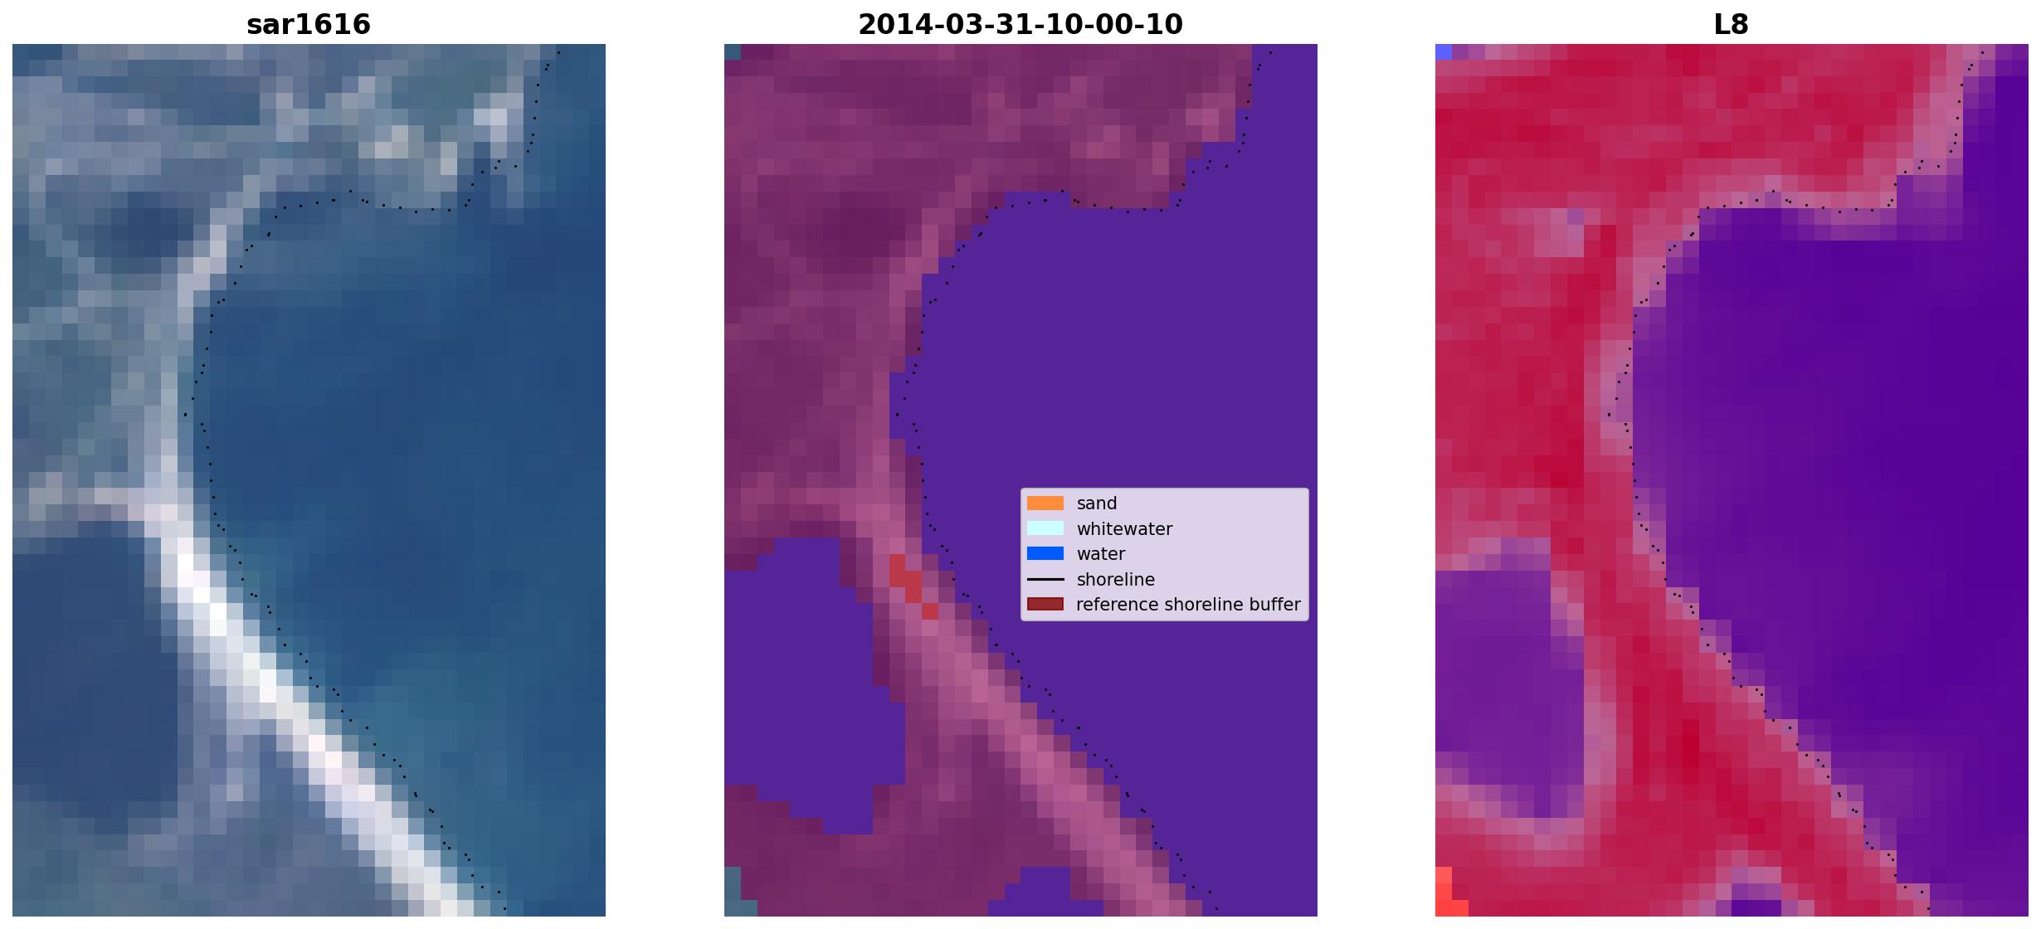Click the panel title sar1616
tap(309, 24)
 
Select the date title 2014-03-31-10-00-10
tap(1020, 24)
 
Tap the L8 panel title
tap(1732, 24)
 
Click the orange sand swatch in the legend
tap(1045, 503)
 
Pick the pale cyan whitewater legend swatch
tap(1045, 528)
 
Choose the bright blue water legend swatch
tap(1045, 553)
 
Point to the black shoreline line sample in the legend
tap(1045, 579)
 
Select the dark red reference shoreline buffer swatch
tap(1045, 604)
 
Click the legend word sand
tap(1097, 503)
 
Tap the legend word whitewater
tap(1124, 529)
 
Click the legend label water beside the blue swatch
tap(1101, 554)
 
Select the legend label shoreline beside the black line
tap(1116, 580)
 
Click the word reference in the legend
tap(1116, 605)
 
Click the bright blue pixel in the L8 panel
tap(1444, 51)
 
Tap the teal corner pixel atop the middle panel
tap(732, 51)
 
